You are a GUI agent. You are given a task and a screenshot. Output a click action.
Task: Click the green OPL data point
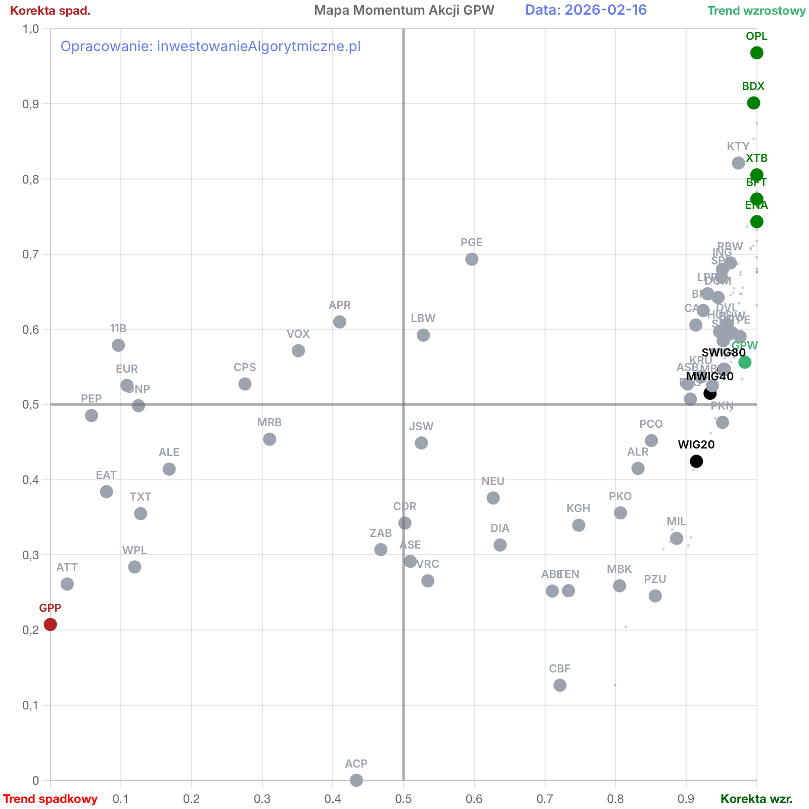pyautogui.click(x=756, y=53)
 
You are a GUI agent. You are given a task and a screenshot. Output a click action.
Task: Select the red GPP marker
pyautogui.click(x=50, y=624)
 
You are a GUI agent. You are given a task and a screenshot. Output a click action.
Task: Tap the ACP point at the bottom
pyautogui.click(x=356, y=780)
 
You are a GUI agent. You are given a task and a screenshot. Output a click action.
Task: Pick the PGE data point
pyautogui.click(x=472, y=259)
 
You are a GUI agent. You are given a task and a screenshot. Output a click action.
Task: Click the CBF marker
pyautogui.click(x=560, y=685)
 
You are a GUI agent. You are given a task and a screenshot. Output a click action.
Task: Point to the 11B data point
pyautogui.click(x=118, y=345)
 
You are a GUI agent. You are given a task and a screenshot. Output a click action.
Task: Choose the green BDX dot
pyautogui.click(x=753, y=103)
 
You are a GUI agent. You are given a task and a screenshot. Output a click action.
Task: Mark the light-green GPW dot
pyautogui.click(x=745, y=362)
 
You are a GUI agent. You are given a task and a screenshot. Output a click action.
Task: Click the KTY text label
pyautogui.click(x=738, y=146)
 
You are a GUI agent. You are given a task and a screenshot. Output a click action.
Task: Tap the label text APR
pyautogui.click(x=339, y=305)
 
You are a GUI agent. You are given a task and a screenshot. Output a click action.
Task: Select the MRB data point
pyautogui.click(x=269, y=439)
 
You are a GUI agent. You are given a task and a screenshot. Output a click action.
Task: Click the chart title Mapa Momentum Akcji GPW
pyautogui.click(x=404, y=10)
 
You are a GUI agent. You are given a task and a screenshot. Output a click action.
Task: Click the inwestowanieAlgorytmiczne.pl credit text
pyautogui.click(x=210, y=47)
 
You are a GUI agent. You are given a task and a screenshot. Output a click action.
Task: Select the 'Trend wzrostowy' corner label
pyautogui.click(x=756, y=11)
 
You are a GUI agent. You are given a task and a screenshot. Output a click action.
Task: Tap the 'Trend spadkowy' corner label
pyautogui.click(x=50, y=799)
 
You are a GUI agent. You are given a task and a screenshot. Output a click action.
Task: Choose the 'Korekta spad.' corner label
pyautogui.click(x=50, y=11)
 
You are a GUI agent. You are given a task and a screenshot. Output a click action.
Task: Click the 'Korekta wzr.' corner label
pyautogui.click(x=756, y=799)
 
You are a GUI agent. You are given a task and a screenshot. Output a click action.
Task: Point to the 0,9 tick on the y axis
pyautogui.click(x=31, y=104)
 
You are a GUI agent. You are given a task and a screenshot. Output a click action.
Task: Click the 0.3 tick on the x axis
pyautogui.click(x=262, y=799)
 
